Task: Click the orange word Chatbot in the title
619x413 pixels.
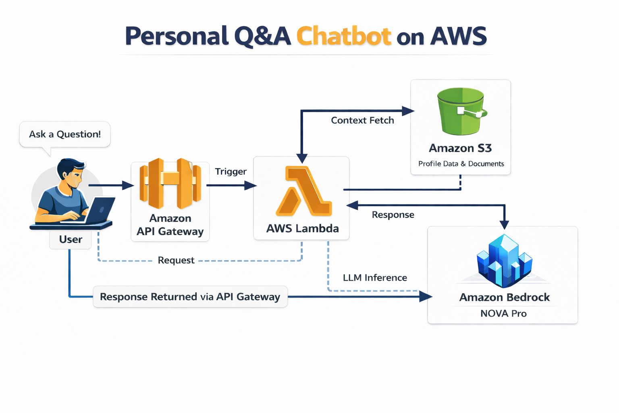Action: [x=344, y=36]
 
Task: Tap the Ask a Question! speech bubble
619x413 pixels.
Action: [x=65, y=134]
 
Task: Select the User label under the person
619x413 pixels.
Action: [x=71, y=240]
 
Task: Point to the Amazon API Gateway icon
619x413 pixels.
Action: [x=170, y=184]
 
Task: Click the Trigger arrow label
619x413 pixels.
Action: [x=231, y=171]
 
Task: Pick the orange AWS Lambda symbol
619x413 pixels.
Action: [x=304, y=191]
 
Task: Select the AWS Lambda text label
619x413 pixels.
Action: [x=302, y=229]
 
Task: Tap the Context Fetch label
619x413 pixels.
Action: [x=362, y=120]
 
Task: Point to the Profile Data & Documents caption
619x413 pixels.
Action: [x=461, y=164]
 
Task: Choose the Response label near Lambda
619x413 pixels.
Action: [x=393, y=215]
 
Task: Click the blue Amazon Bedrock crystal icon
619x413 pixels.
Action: [x=504, y=261]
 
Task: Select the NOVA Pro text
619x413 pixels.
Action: [x=503, y=313]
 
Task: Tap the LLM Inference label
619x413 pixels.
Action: [x=375, y=277]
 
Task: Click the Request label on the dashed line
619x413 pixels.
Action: [x=176, y=260]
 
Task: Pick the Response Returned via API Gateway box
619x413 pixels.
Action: [x=190, y=297]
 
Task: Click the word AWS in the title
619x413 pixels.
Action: [x=459, y=36]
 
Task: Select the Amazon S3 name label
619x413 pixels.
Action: [x=460, y=148]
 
